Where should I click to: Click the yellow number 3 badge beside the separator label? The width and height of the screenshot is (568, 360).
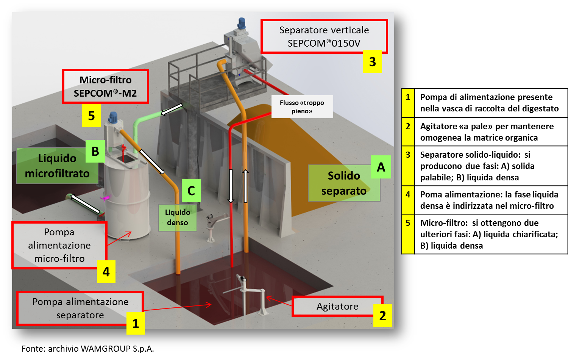[373, 62]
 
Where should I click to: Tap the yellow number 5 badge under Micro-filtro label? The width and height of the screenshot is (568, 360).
[91, 116]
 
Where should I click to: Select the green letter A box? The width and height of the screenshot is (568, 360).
[381, 167]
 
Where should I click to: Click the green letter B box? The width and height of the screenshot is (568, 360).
[95, 152]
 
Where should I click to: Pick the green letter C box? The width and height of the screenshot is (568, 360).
[191, 191]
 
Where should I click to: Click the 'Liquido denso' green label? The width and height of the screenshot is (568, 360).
[178, 218]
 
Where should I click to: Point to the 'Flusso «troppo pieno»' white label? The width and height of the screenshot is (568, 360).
[302, 107]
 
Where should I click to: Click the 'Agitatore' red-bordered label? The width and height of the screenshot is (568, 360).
[337, 306]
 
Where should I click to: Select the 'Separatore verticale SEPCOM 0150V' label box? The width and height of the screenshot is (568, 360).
[324, 36]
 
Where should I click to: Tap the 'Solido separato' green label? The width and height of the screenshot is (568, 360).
[343, 183]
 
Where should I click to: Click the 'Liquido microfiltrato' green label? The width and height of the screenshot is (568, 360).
[57, 166]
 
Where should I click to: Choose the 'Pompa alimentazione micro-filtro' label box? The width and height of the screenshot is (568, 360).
[59, 245]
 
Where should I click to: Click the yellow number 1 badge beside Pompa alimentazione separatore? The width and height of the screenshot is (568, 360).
[136, 324]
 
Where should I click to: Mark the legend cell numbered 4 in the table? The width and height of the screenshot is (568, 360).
[408, 195]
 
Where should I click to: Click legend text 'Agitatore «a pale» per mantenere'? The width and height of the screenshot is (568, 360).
[487, 126]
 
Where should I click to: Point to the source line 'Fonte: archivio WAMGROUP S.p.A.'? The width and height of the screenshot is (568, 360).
[88, 349]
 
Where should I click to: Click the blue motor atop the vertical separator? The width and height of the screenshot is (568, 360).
[242, 24]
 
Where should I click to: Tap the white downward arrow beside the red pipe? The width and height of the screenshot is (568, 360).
[231, 186]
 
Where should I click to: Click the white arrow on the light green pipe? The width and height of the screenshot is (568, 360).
[172, 110]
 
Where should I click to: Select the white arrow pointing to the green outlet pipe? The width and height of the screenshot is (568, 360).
[85, 203]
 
